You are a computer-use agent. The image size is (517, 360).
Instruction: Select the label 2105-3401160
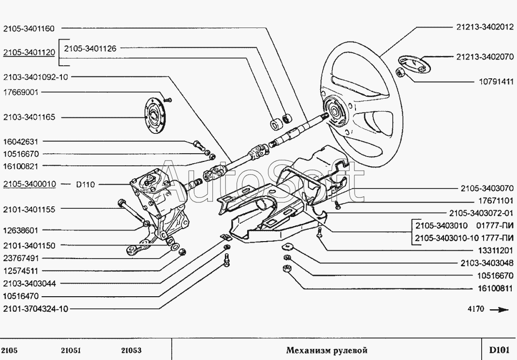(29, 29)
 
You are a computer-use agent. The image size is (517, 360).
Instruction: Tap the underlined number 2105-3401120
(29, 53)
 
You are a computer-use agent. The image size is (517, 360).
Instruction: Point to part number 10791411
(496, 81)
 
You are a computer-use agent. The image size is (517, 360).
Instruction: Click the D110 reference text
(86, 185)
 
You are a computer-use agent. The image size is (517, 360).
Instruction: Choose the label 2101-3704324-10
(36, 309)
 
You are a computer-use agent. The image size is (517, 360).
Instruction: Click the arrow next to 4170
(500, 310)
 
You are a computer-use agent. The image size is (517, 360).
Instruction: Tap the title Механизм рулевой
(326, 350)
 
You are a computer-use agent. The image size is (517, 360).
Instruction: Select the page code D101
(499, 350)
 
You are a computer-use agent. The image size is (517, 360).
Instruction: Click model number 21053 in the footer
(131, 350)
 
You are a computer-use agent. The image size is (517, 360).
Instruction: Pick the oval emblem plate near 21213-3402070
(414, 64)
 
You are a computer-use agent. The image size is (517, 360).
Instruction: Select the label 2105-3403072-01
(481, 214)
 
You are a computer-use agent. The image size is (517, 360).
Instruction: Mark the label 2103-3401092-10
(35, 77)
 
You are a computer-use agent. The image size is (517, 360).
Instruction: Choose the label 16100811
(496, 289)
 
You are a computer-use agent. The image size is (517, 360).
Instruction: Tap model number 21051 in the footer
(71, 350)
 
